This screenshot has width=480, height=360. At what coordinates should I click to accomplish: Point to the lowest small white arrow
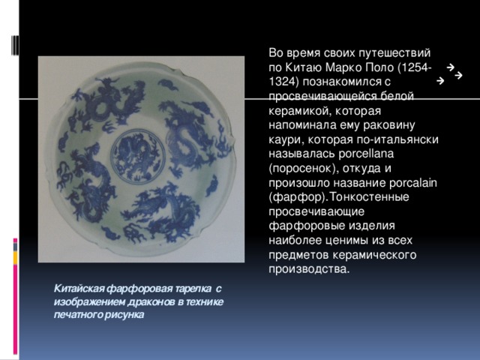click(439, 79)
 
